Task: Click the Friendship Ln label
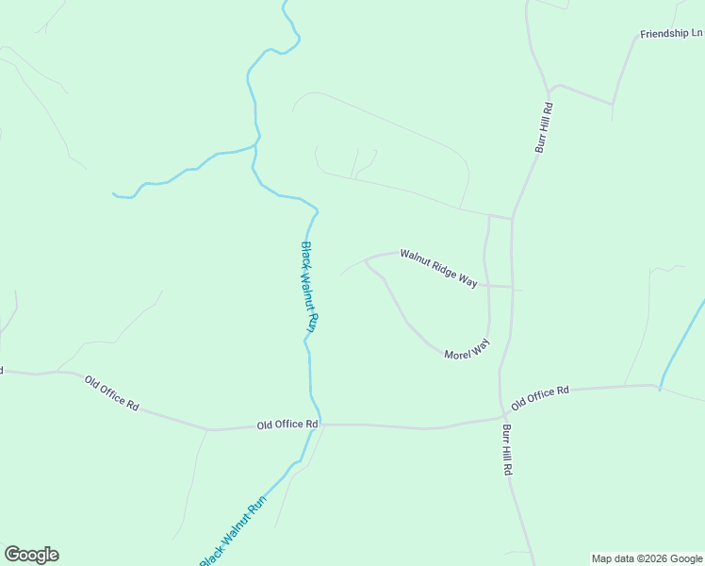point(671,34)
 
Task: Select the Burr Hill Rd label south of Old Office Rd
point(507,449)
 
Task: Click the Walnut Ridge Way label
point(439,268)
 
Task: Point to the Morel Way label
point(467,348)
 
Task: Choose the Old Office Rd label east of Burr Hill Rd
point(540,397)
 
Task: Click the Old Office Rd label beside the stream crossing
point(287,425)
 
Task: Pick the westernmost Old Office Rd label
point(111,392)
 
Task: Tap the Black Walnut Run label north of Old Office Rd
point(308,287)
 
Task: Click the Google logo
point(31,555)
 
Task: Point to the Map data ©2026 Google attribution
point(647,558)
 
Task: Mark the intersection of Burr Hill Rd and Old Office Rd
point(501,417)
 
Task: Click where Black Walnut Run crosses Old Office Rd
point(320,424)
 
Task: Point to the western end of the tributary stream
point(114,194)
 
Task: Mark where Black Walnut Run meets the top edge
point(285,3)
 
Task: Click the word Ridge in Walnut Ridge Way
point(440,268)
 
